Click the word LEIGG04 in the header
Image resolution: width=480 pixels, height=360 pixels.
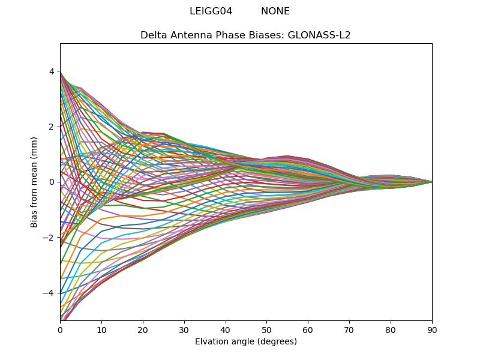click(x=211, y=11)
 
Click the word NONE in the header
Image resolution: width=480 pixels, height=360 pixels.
click(x=275, y=11)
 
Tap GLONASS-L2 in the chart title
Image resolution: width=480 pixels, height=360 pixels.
click(x=319, y=35)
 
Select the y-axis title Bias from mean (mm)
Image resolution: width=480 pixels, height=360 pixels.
click(x=35, y=181)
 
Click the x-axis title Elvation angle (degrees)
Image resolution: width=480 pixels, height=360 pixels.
click(x=246, y=341)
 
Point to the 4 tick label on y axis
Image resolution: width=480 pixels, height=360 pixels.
click(x=52, y=71)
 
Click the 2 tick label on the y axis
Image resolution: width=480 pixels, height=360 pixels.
click(x=52, y=127)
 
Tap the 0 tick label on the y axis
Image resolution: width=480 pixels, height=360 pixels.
click(x=52, y=182)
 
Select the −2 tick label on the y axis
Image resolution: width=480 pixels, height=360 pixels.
click(x=49, y=238)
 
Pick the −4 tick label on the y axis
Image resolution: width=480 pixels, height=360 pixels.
click(x=49, y=293)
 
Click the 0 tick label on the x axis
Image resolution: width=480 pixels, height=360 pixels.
click(x=60, y=329)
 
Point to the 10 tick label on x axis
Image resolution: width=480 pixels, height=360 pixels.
click(x=101, y=329)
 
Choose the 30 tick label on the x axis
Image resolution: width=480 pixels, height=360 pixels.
click(x=184, y=329)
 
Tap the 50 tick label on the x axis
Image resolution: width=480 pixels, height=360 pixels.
click(x=266, y=329)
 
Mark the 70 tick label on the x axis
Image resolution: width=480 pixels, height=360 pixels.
click(x=349, y=329)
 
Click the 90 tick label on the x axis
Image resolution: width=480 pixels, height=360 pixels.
click(x=432, y=329)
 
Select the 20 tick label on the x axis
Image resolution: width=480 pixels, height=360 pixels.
click(x=143, y=329)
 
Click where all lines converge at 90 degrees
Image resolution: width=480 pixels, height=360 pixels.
click(x=431, y=182)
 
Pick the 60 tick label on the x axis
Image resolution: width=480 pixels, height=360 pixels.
click(x=308, y=329)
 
